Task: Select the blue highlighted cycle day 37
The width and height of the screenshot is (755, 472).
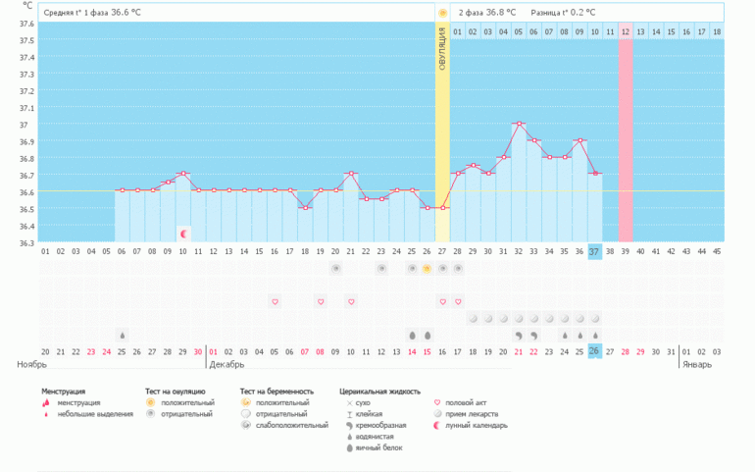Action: pos(594,252)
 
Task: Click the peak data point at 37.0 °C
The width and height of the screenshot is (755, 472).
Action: pos(519,124)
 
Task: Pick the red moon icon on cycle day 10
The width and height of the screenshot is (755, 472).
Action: pos(183,234)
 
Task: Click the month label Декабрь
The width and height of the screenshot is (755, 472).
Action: pos(226,364)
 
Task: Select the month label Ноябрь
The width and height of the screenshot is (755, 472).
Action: pos(32,364)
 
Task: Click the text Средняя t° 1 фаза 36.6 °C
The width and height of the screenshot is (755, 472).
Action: pos(95,13)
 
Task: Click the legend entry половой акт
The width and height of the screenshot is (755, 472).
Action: pos(465,402)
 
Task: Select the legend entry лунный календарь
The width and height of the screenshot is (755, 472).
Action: pos(477,426)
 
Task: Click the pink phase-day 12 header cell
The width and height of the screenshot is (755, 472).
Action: pos(626,32)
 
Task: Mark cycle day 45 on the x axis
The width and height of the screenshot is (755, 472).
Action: pos(716,252)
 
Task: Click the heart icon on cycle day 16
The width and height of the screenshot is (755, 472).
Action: pos(275,301)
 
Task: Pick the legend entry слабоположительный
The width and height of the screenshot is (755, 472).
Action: pos(290,426)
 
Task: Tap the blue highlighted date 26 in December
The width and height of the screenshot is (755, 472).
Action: pos(594,351)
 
